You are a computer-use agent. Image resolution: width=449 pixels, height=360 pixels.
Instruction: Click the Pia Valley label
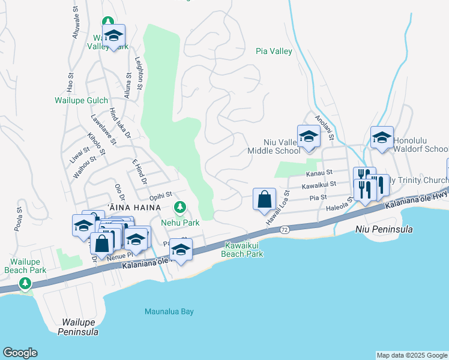(274, 52)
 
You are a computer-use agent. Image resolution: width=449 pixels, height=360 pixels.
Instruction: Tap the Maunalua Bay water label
(169, 311)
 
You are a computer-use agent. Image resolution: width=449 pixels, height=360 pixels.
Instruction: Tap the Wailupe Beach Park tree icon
(25, 283)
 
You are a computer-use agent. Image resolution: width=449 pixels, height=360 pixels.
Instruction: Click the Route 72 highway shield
(285, 230)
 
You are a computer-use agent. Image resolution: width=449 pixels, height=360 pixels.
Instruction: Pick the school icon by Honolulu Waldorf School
(382, 137)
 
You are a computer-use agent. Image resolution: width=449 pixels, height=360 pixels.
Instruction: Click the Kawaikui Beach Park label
(244, 250)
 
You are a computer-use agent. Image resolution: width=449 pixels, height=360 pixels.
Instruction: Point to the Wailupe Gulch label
(82, 101)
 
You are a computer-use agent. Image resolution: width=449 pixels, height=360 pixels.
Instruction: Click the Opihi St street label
(161, 194)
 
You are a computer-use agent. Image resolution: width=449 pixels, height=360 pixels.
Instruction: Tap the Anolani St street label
(324, 128)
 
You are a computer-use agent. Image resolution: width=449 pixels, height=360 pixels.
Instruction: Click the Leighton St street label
(138, 74)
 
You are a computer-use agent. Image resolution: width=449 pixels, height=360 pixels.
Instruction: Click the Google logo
(20, 353)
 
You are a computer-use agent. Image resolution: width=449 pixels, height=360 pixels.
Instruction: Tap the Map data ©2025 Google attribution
(412, 355)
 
